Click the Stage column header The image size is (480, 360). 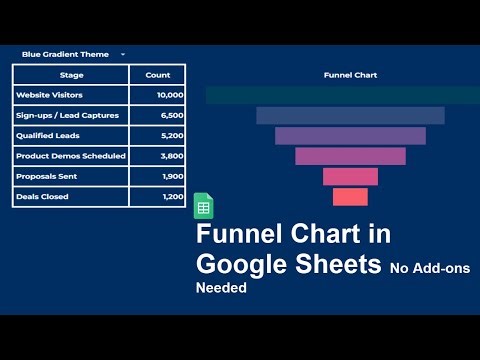[x=71, y=75]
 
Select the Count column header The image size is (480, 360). [x=157, y=75]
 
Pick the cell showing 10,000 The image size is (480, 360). [x=169, y=95]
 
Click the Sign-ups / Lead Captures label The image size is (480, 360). [x=67, y=115]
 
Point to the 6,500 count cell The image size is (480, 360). [x=172, y=115]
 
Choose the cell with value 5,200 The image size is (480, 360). [x=172, y=135]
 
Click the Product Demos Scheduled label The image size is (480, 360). [x=70, y=156]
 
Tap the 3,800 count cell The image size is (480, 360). [x=172, y=156]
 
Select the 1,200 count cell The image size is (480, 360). [x=172, y=196]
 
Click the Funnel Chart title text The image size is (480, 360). [x=350, y=75]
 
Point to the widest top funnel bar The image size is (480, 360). [x=336, y=95]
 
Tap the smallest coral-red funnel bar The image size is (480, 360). [x=350, y=197]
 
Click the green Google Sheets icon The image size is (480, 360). [x=203, y=206]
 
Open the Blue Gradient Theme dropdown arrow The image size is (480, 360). [x=122, y=54]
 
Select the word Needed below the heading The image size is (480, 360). [x=220, y=287]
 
